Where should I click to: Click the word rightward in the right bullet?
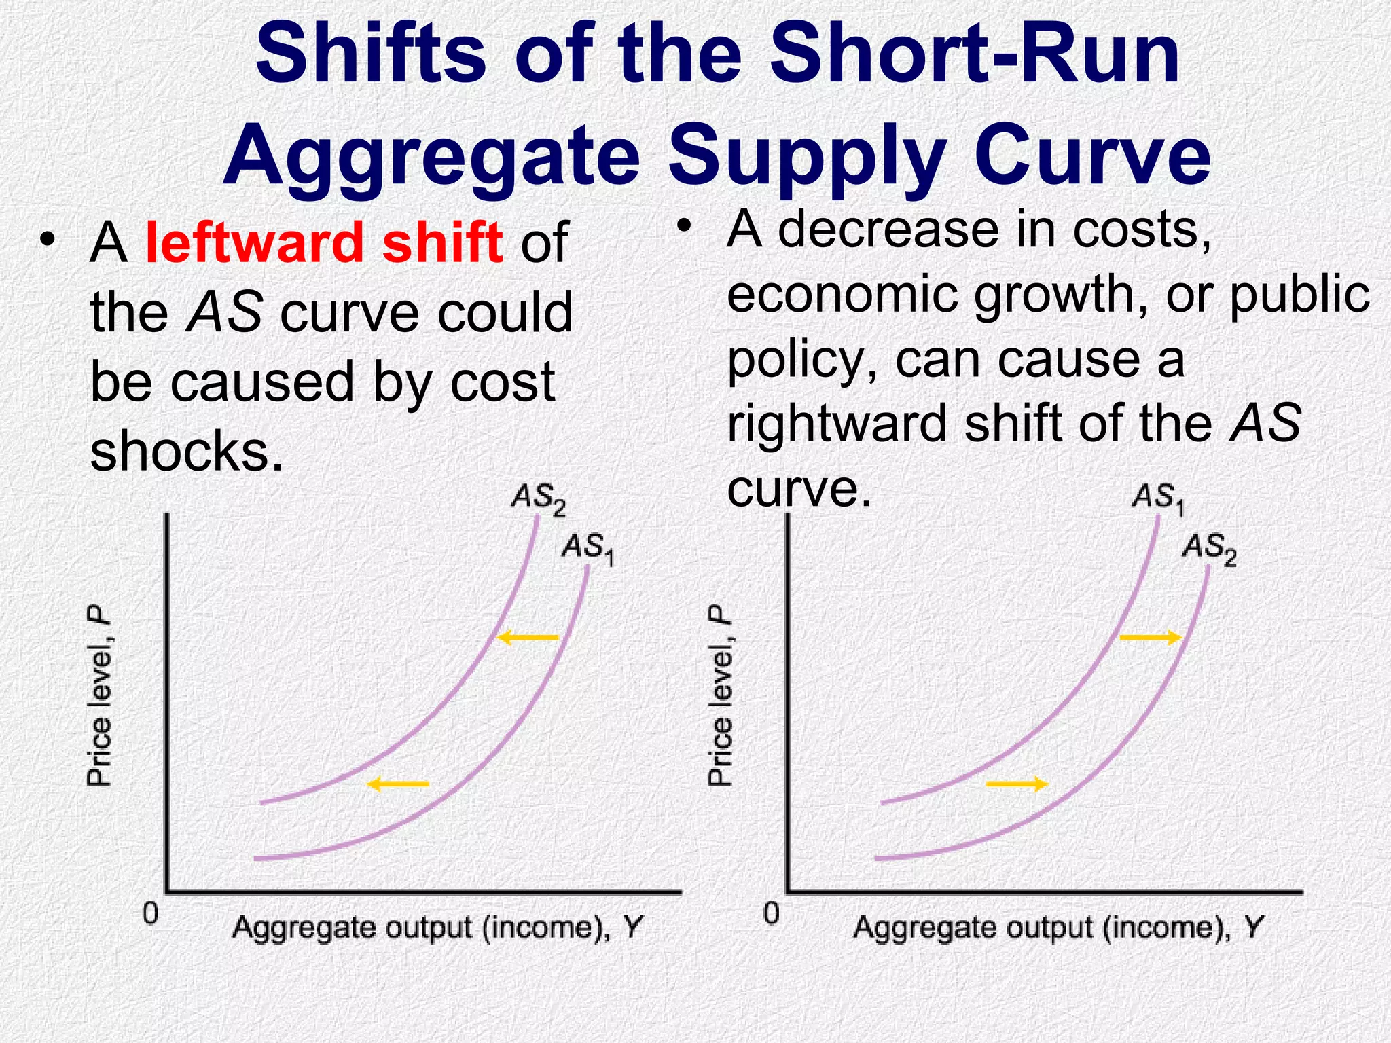(x=837, y=422)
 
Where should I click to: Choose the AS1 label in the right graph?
(x=1159, y=498)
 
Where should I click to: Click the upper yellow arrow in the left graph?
(x=528, y=637)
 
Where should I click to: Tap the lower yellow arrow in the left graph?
(x=398, y=784)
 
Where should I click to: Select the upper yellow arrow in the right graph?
(x=1151, y=637)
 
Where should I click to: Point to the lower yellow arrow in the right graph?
(x=1017, y=784)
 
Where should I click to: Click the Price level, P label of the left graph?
(x=99, y=697)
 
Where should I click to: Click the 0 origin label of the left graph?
(x=150, y=913)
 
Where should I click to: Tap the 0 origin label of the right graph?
(x=771, y=913)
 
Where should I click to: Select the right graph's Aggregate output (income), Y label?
(x=1058, y=927)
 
